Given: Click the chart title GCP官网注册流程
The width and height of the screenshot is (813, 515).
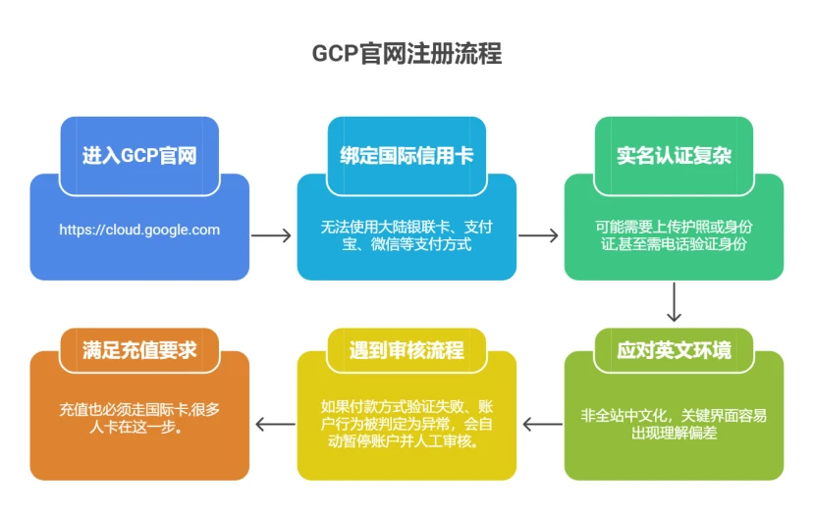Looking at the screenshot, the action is (407, 53).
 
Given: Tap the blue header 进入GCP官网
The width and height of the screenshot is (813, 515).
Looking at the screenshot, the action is (139, 155).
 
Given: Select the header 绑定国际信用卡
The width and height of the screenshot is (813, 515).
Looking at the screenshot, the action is (406, 155).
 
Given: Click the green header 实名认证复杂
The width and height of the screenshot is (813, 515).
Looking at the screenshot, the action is (674, 155).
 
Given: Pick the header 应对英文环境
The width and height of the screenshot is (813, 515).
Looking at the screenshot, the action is (674, 350).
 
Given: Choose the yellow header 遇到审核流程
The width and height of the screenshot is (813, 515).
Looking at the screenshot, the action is (406, 350).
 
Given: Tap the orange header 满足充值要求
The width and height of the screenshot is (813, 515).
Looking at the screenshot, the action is (139, 350).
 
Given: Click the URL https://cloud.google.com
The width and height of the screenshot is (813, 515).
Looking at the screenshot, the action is (139, 230).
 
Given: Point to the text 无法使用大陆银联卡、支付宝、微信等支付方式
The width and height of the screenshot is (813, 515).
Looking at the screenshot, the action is (406, 235).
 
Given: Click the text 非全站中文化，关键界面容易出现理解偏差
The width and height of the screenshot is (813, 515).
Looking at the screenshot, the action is (674, 424).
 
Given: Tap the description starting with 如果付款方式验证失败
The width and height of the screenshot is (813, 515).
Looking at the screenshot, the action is (406, 424).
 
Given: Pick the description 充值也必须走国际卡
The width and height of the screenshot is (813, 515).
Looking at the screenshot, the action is (139, 418).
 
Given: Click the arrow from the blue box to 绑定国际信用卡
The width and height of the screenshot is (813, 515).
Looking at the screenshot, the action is (271, 235).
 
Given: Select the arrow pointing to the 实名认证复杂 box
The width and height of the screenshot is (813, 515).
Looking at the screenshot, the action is (539, 235).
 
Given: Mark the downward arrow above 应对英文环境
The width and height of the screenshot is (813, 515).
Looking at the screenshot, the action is (674, 302).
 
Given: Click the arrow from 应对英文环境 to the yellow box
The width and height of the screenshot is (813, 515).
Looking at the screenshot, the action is (542, 425).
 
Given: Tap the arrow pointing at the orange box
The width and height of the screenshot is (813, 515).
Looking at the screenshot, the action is (275, 425).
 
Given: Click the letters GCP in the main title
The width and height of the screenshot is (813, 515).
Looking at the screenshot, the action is (335, 54).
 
